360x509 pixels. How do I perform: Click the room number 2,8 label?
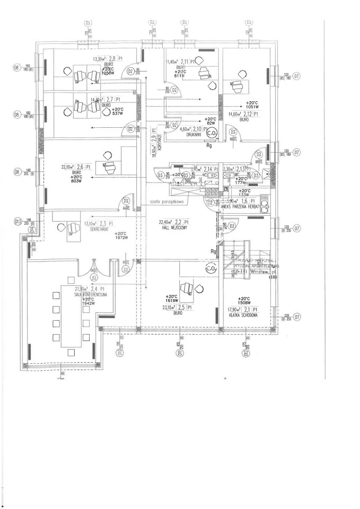[x=112, y=60]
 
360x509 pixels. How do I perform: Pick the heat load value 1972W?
[x=121, y=238]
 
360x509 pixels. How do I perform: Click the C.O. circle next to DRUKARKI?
[x=212, y=133]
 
